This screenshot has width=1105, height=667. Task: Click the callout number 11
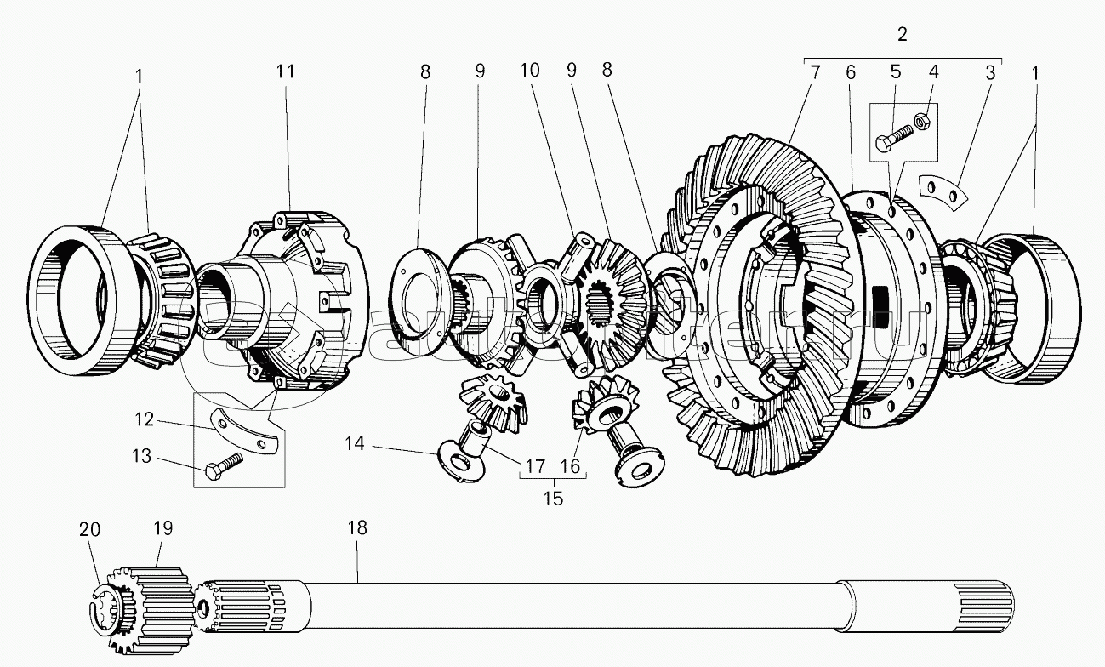[x=285, y=71]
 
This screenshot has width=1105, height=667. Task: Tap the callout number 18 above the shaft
[x=357, y=528]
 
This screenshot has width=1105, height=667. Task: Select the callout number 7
[x=814, y=72]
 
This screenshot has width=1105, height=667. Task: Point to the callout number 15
[x=553, y=499]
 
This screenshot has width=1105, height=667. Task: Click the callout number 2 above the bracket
[x=903, y=35]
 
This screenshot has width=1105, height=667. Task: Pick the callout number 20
[x=90, y=530]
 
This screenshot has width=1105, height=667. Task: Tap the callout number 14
[x=355, y=443]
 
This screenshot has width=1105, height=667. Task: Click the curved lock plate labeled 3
[x=944, y=191]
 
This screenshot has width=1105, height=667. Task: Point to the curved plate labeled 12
[x=246, y=431]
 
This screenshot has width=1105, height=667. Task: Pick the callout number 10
[x=530, y=71]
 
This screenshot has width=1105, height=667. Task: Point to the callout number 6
[x=851, y=72]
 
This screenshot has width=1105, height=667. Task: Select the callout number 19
[x=162, y=528]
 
